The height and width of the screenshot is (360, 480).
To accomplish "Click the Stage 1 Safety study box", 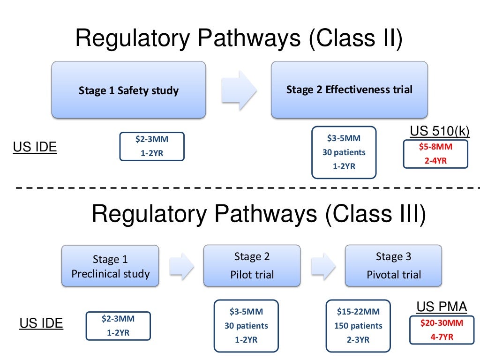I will (128, 90).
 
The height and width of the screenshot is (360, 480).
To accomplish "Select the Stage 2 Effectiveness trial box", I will (349, 90).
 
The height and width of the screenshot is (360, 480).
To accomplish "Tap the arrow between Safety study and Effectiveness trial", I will (239, 89).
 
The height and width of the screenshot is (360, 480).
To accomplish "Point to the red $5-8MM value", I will (435, 147).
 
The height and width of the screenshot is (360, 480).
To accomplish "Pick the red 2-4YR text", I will (435, 160).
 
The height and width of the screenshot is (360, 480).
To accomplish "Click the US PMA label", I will (442, 307).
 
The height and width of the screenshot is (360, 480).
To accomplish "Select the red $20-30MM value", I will (435, 323).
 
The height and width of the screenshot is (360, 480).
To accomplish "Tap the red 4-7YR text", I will (435, 337).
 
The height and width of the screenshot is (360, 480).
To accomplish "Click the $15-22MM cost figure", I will (358, 311).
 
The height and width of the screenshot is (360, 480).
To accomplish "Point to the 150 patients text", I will (358, 325).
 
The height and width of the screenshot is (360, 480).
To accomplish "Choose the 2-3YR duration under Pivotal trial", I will (358, 340).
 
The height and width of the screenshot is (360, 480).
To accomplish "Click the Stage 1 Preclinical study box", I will (110, 266).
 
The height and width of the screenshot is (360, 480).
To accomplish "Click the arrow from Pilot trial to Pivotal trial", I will (324, 266).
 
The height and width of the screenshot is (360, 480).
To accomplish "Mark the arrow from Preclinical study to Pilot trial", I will (182, 266).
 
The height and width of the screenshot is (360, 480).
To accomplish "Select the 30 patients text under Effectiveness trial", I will (344, 152).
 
